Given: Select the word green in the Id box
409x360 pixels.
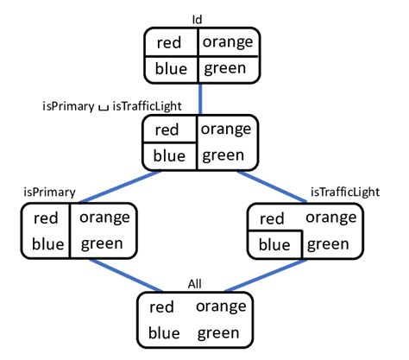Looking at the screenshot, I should click(x=227, y=67).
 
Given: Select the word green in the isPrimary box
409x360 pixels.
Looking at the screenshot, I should click(x=102, y=243).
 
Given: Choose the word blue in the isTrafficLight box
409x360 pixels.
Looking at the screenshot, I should click(x=274, y=244).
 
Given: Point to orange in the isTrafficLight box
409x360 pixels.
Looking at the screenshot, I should click(x=331, y=217).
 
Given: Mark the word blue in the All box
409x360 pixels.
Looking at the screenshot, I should click(x=167, y=333).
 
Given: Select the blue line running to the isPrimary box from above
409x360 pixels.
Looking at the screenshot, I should click(x=121, y=186).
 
